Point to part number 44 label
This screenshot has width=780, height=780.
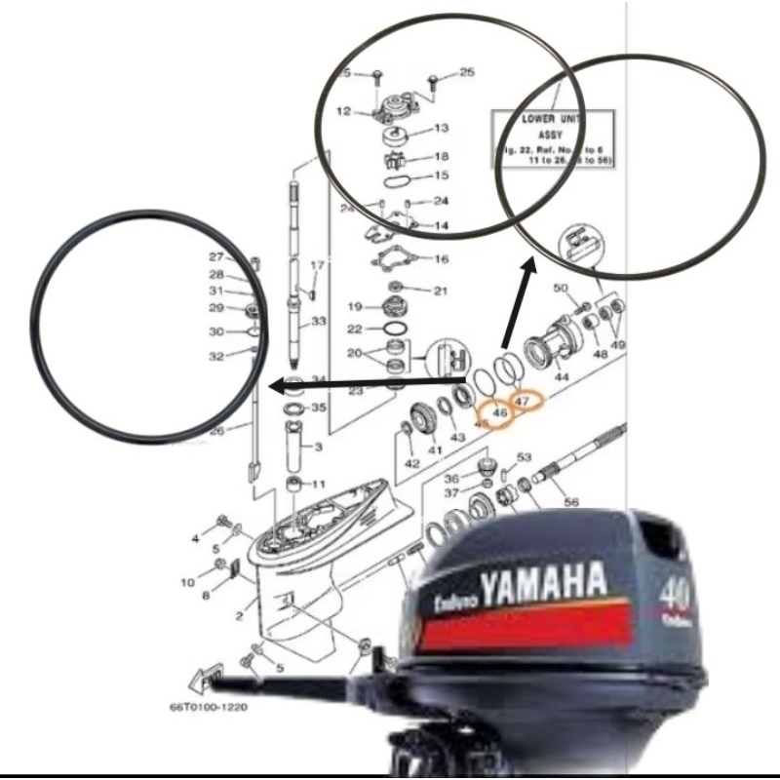[563, 375]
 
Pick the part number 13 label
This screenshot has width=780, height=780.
[441, 128]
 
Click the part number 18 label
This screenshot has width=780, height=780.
[441, 157]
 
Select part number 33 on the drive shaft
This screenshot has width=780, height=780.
[317, 321]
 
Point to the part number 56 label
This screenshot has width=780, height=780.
[570, 502]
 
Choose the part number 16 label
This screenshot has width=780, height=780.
[441, 259]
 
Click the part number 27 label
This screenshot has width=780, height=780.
[215, 256]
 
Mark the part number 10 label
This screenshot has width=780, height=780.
[187, 582]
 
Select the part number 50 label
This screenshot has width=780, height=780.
[561, 289]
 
